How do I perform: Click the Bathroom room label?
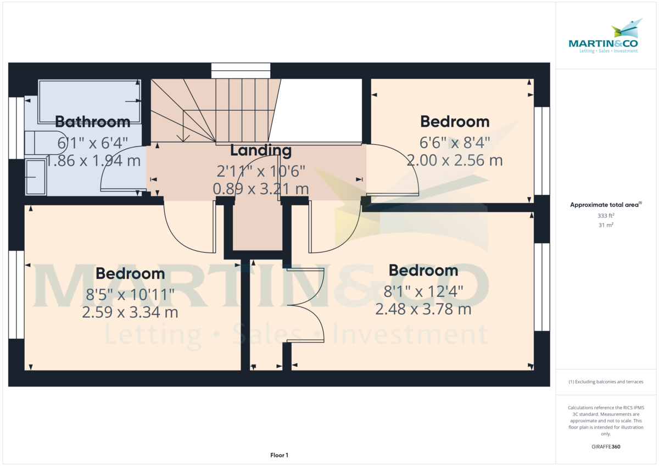[92, 121]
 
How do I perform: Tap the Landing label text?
[260, 150]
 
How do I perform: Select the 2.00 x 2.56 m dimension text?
[455, 160]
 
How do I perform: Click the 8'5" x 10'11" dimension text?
[130, 295]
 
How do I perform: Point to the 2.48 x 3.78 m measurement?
[423, 309]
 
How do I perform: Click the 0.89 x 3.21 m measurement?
[260, 189]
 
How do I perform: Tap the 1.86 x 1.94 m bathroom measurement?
[93, 161]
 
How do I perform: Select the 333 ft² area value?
[606, 216]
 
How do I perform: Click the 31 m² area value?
[606, 225]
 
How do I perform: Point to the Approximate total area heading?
[606, 205]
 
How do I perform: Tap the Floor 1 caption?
[279, 455]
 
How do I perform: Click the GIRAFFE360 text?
[606, 447]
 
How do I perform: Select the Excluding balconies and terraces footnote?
[606, 381]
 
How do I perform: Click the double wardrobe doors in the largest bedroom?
[308, 305]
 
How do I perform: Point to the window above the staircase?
[241, 70]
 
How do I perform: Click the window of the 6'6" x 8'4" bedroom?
[542, 151]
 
